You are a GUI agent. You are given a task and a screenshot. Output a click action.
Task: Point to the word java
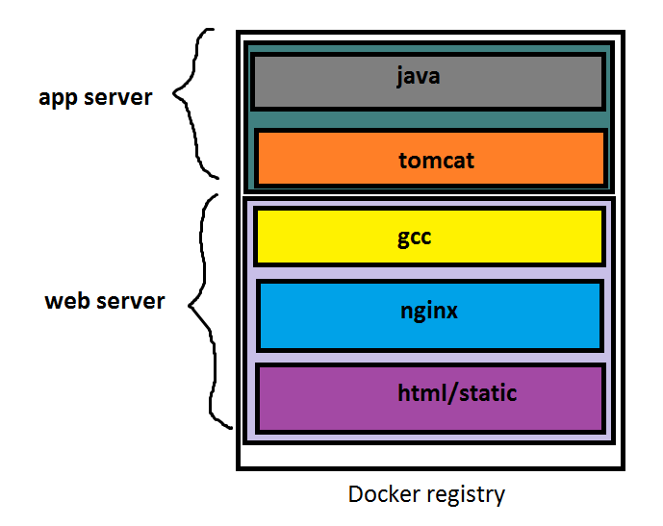[418, 75]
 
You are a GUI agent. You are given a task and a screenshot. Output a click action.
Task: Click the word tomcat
[436, 160]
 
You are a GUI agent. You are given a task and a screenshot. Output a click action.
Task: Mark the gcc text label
[415, 237]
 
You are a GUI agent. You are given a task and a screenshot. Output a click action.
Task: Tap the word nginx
[428, 313]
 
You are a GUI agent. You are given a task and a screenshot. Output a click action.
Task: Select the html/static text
[456, 392]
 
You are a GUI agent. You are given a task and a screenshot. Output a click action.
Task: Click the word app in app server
[58, 99]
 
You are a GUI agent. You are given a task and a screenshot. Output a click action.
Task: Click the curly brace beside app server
[197, 101]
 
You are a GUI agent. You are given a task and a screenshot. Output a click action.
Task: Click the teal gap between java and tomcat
[428, 119]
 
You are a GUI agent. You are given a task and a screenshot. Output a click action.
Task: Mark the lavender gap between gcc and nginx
[428, 272]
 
